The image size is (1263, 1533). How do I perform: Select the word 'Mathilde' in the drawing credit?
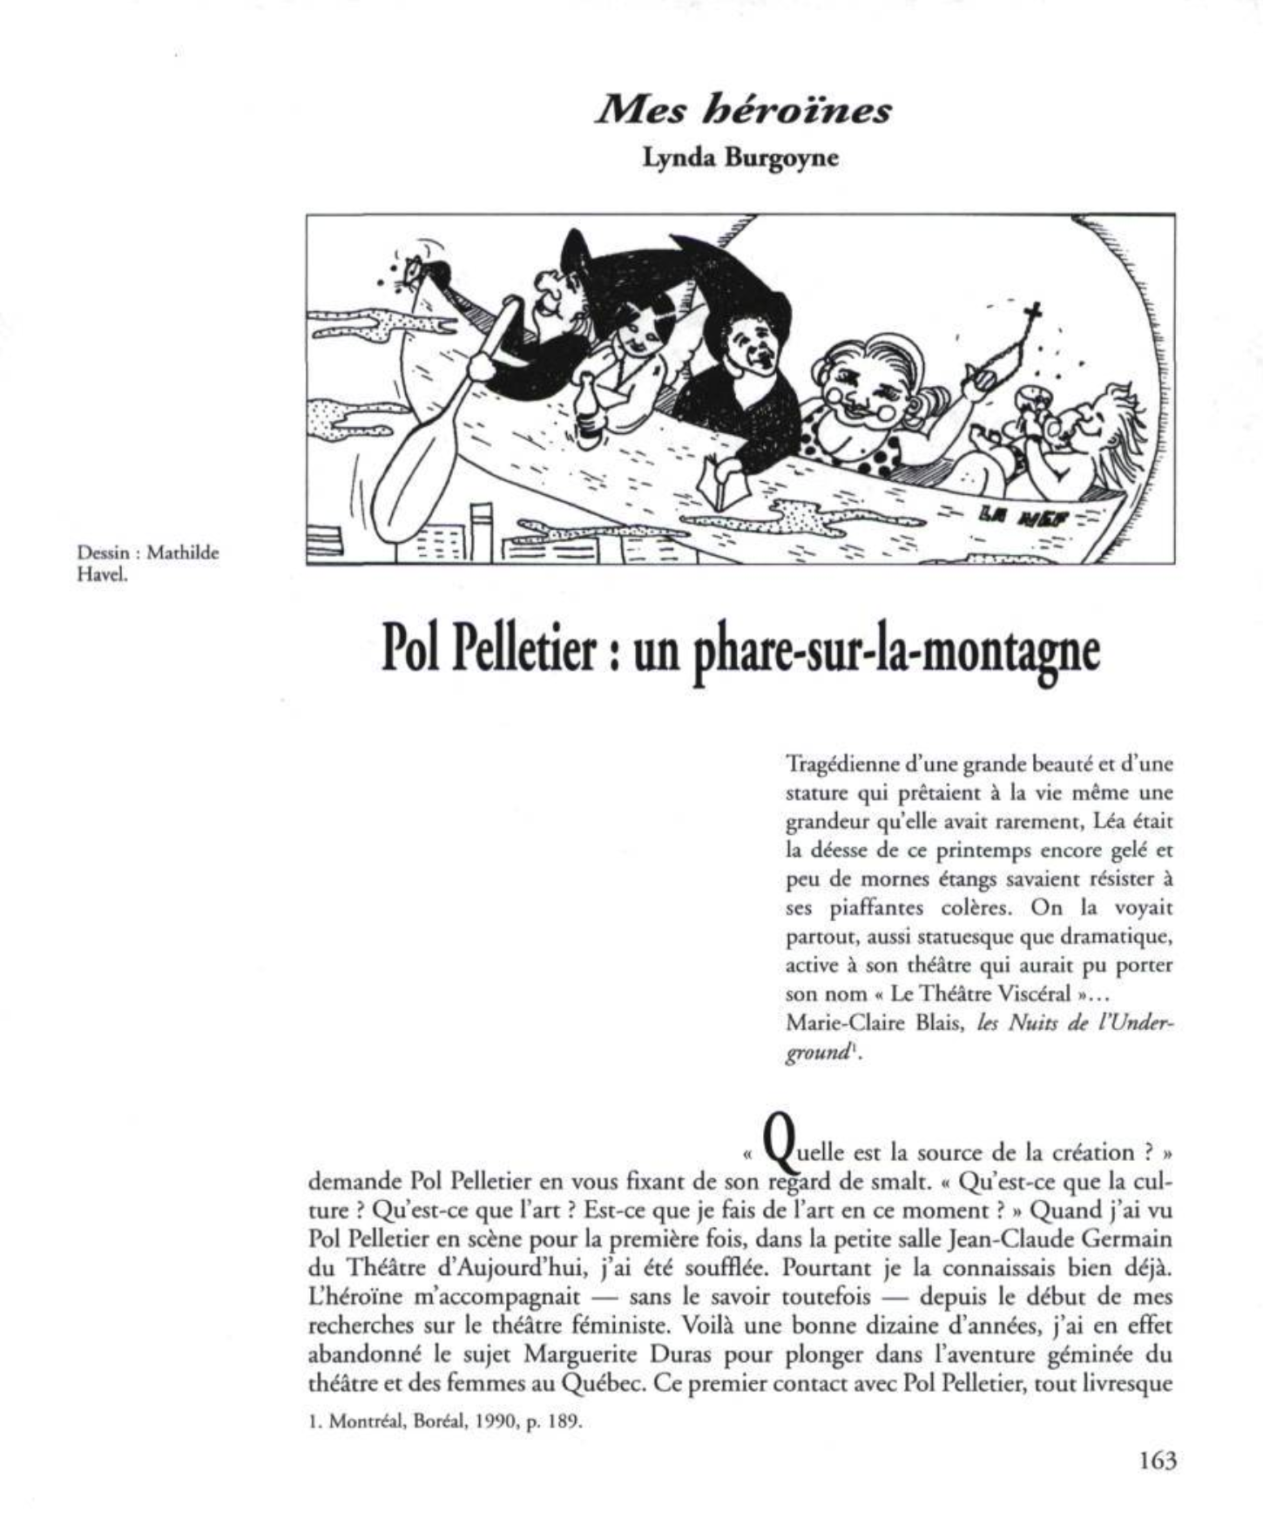[183, 553]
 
